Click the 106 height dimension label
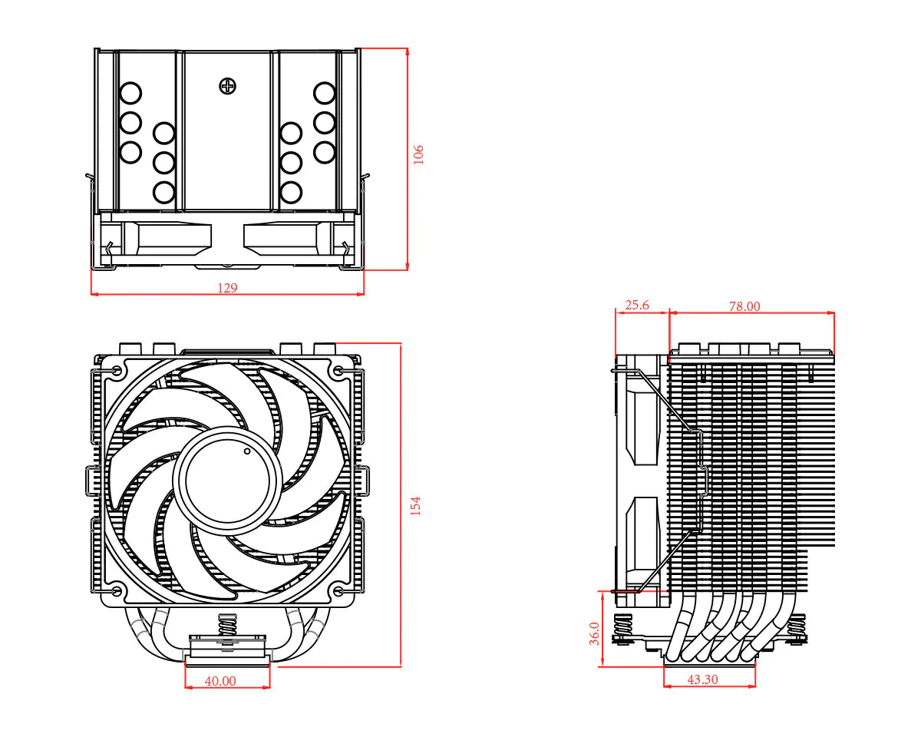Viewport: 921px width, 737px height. point(418,154)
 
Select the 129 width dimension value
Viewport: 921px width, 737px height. point(227,288)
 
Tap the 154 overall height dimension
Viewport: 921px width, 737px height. point(415,504)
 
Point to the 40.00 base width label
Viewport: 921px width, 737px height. point(220,680)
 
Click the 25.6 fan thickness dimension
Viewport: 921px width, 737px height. point(636,305)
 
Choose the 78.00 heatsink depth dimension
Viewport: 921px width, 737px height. point(744,306)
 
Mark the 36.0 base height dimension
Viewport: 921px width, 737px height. point(594,633)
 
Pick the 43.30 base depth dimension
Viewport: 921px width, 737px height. point(702,679)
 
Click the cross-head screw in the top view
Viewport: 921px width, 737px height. point(227,86)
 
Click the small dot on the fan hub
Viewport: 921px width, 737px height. point(247,451)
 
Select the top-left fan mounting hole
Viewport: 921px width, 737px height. point(116,371)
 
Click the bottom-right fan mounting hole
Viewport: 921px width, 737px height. point(338,591)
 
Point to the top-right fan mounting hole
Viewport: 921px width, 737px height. point(338,371)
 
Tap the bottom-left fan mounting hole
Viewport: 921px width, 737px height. point(116,591)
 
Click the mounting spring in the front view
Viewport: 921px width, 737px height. point(227,626)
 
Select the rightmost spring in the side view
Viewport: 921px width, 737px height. point(797,629)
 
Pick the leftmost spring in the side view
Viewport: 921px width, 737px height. point(623,629)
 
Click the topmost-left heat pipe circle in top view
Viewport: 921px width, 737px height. point(130,94)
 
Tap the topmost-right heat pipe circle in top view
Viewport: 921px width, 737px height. point(325,94)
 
